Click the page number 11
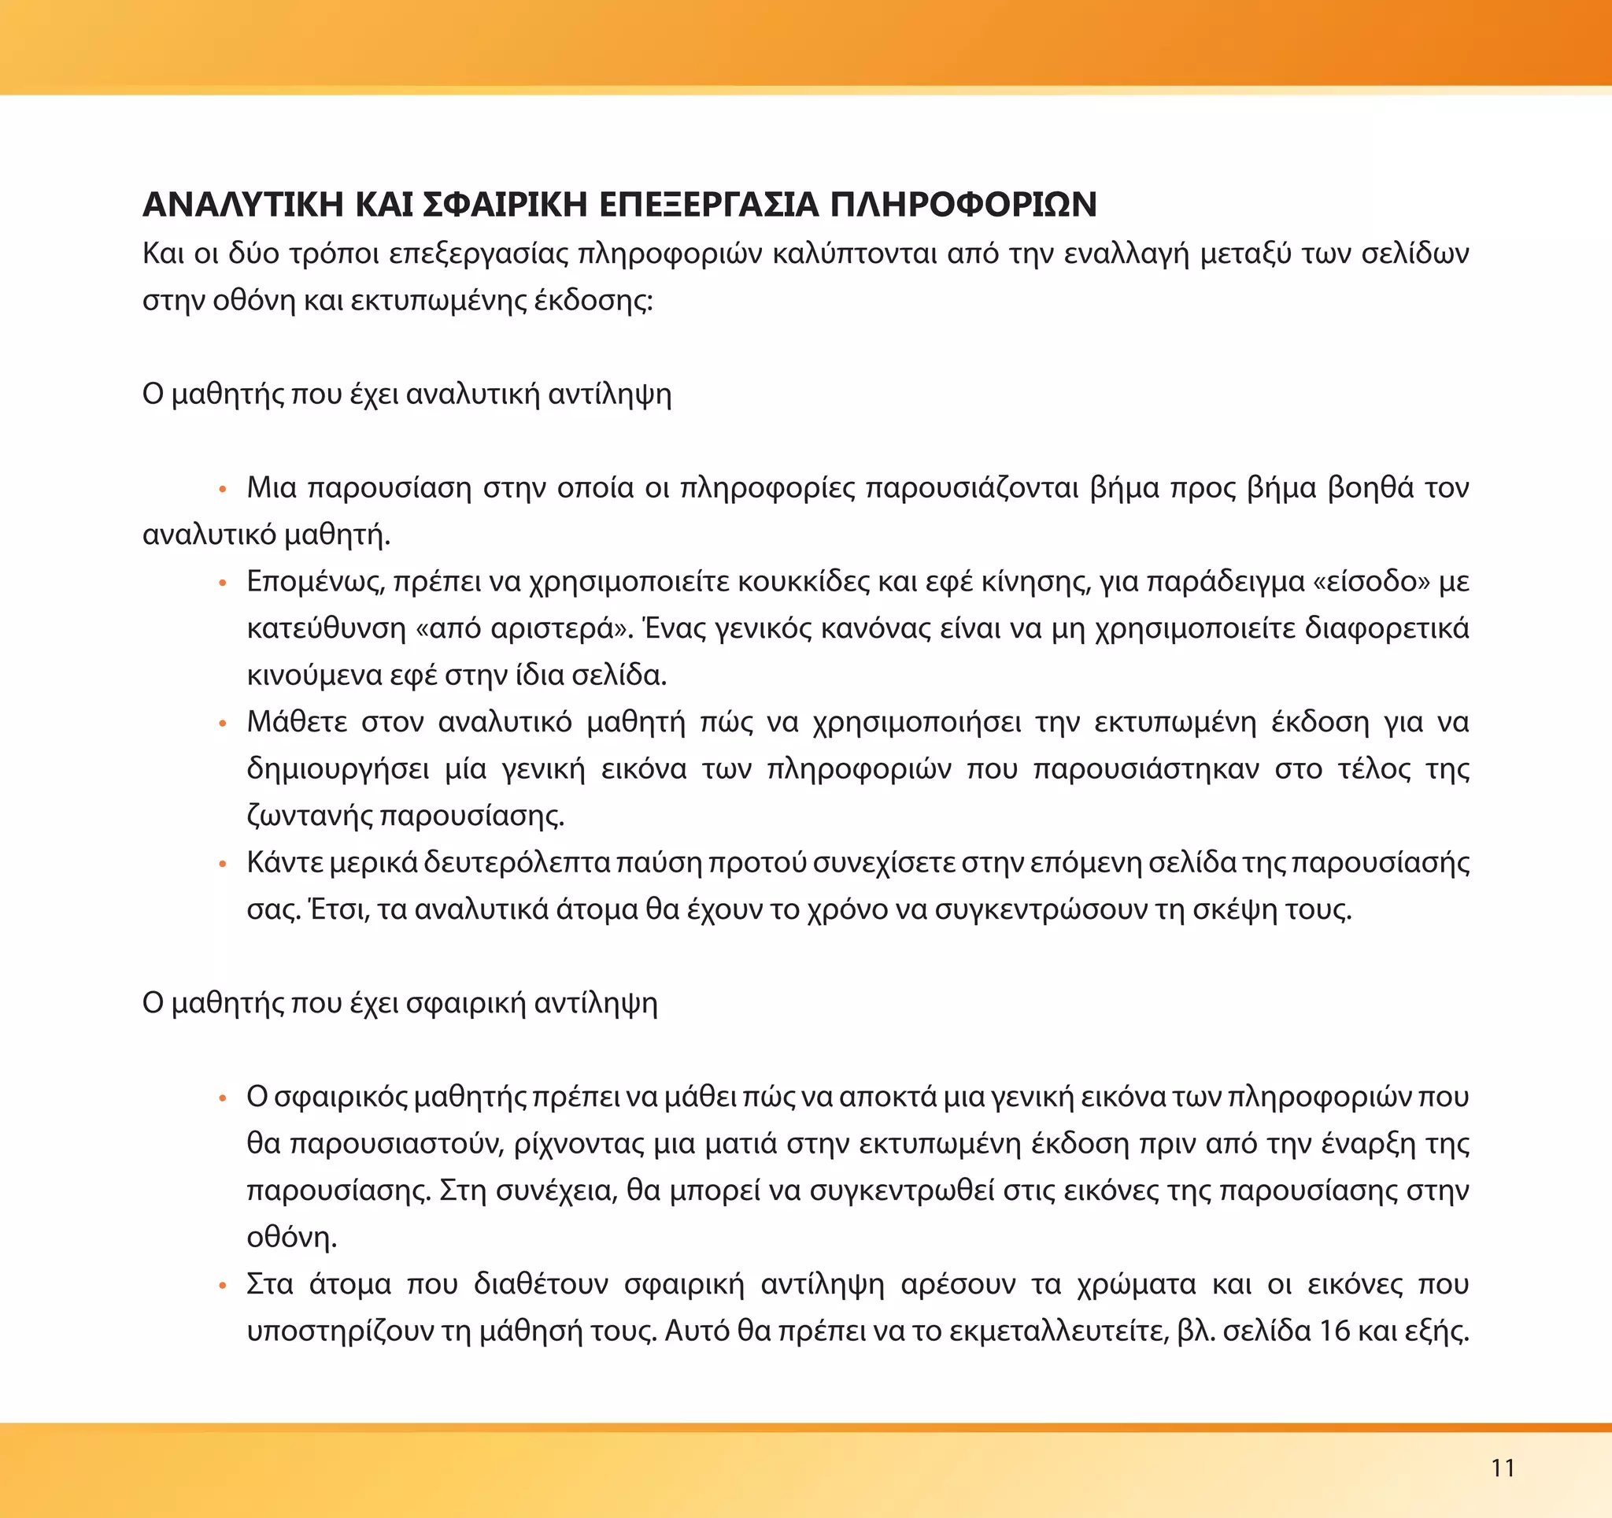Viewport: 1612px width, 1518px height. click(1503, 1467)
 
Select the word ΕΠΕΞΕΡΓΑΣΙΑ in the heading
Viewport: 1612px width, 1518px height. click(708, 205)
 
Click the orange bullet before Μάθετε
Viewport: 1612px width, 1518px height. click(222, 724)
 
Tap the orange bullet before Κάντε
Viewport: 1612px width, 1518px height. click(222, 864)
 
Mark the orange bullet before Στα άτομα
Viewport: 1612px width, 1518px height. click(222, 1286)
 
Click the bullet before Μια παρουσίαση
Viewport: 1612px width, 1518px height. click(222, 489)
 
